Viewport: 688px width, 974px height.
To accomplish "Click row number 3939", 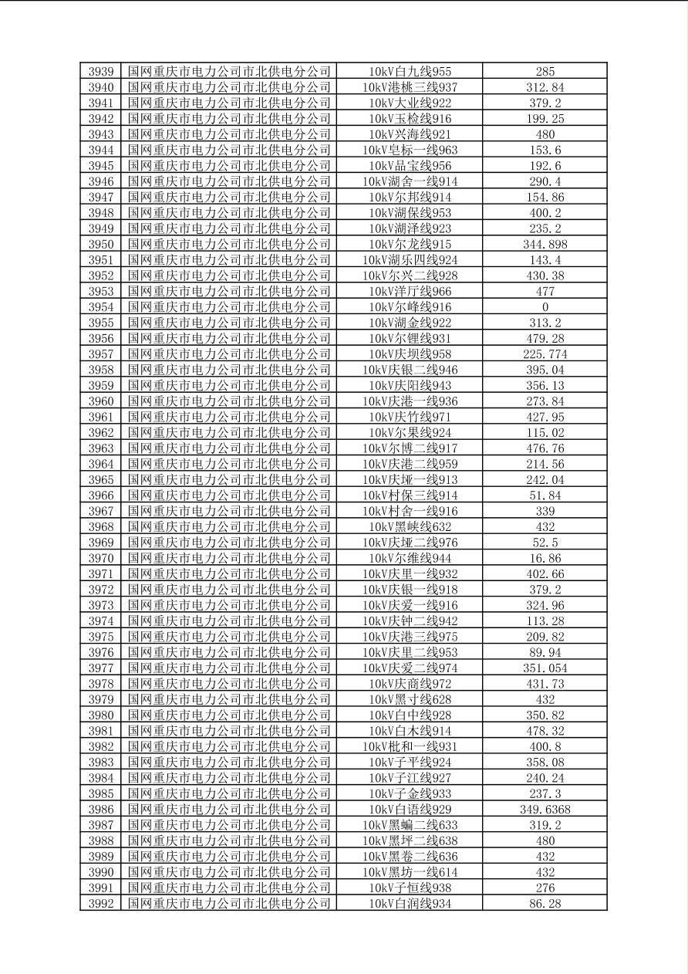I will pos(101,72).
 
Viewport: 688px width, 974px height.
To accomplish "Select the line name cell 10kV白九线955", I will pos(410,72).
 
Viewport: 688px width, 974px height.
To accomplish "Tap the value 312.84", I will pos(545,87).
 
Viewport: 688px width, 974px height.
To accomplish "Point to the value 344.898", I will pos(545,245).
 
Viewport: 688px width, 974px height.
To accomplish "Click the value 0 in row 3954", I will pos(545,307).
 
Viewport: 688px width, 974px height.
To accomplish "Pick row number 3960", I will pos(101,401).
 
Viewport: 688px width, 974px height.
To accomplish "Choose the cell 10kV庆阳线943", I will pos(410,386).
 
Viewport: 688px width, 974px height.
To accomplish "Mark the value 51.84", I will pos(545,495).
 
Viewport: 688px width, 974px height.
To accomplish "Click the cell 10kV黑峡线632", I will pos(410,527).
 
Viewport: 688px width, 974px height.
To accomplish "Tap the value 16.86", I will pos(545,558).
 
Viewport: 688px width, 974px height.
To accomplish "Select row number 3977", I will pos(101,668).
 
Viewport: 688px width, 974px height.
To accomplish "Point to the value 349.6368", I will pos(545,810).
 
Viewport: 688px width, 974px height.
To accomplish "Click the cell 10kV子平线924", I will pos(410,763).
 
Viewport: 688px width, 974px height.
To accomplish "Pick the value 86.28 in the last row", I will pos(545,904).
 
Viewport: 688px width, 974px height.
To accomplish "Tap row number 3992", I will pos(101,904).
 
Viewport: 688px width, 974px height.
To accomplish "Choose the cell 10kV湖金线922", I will pos(410,323).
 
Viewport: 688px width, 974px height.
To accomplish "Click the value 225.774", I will pos(545,354).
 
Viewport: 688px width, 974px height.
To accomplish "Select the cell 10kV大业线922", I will pos(410,103).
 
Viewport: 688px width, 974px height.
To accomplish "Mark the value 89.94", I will pos(545,652).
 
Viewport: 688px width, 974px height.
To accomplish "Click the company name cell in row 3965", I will pos(229,480).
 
